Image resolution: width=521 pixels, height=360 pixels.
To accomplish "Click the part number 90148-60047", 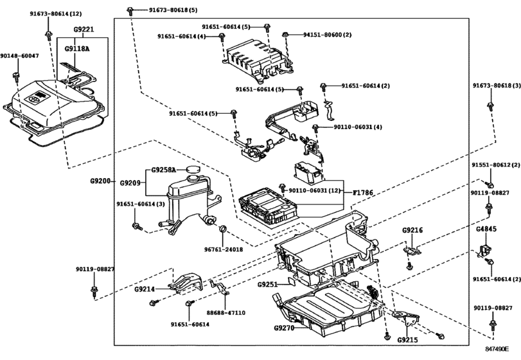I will (19, 56).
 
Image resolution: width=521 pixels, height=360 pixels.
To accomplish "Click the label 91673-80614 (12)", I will (56, 13).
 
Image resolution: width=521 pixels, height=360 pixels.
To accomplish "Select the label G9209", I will (130, 183).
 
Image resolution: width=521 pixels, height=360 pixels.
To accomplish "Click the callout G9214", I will (145, 289).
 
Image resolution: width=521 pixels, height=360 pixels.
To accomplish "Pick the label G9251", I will (268, 284).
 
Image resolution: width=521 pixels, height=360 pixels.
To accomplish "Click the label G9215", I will (407, 340).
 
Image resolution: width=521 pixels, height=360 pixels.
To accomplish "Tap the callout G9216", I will (412, 230).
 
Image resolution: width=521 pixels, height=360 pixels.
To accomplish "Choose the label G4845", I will (486, 228).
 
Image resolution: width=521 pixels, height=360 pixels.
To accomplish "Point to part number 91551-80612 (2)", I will (491, 165).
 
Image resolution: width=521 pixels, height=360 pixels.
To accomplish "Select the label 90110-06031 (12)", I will (315, 191).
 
